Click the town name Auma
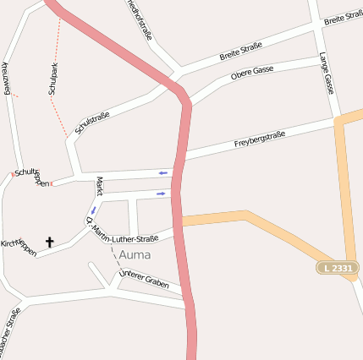tap(135, 254)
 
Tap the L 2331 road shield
tap(338, 267)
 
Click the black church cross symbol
tap(49, 243)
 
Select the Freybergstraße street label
tap(259, 140)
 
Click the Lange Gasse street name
tap(326, 72)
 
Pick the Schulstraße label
tap(92, 114)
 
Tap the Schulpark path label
tap(54, 79)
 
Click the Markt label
tap(99, 187)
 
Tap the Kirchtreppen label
tap(19, 248)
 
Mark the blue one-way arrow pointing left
tap(163, 173)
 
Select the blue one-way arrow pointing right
tap(161, 194)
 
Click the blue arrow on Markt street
tap(93, 209)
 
